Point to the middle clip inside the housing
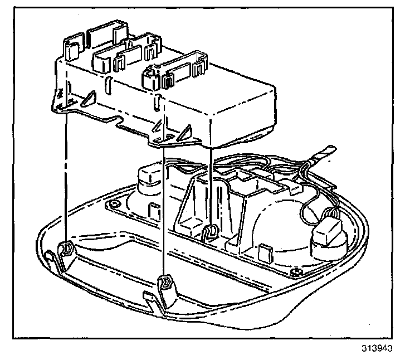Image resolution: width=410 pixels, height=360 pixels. click(x=211, y=231)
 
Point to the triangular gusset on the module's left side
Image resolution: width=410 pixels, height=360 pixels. click(x=86, y=99)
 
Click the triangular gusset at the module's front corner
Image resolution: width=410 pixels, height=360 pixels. click(x=184, y=133)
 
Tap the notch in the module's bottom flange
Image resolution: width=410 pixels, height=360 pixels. click(x=118, y=121)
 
